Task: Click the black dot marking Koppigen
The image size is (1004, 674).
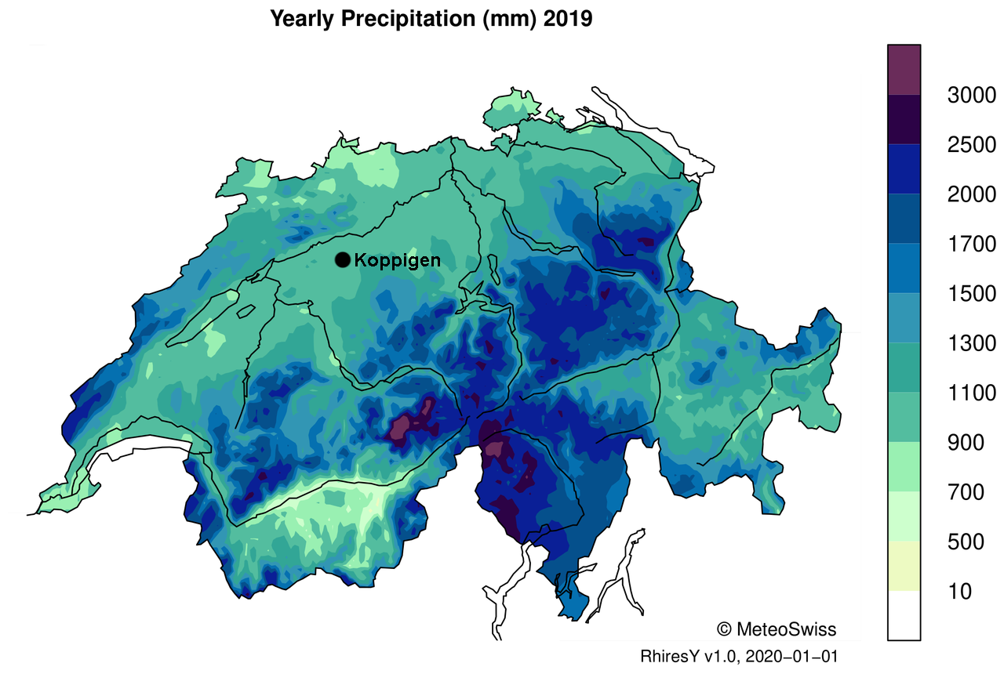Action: point(343,260)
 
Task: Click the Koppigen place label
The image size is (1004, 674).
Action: point(397,260)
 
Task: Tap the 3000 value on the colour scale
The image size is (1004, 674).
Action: point(971,96)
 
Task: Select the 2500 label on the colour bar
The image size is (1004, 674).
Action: point(971,145)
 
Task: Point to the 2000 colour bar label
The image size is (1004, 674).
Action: point(971,194)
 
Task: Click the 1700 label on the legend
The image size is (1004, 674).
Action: point(971,245)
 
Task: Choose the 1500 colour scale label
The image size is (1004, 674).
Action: point(971,294)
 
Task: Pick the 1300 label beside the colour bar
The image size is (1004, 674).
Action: point(971,343)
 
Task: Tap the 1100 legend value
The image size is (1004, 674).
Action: point(971,393)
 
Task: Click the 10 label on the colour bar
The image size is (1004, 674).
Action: point(959,591)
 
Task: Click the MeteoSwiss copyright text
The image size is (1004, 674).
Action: point(776,629)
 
